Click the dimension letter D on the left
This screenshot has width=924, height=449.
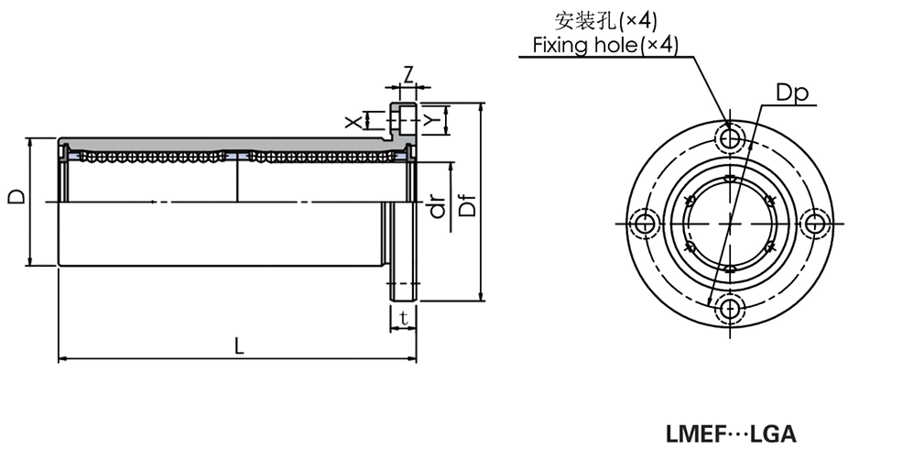[16, 197]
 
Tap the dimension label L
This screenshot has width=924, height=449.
[238, 345]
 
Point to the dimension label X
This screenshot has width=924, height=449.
[350, 120]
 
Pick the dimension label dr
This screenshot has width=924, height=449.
[439, 209]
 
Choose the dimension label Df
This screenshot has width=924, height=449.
[468, 203]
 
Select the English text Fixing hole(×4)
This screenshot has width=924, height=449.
[605, 45]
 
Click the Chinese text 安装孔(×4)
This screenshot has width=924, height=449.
[605, 19]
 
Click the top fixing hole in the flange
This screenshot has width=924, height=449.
[730, 138]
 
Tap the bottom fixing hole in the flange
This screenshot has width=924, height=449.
[730, 308]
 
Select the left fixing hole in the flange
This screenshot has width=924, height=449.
[646, 223]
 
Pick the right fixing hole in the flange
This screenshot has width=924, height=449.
[814, 223]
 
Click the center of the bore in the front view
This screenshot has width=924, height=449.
[730, 223]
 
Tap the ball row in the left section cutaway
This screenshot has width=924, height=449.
[151, 157]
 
